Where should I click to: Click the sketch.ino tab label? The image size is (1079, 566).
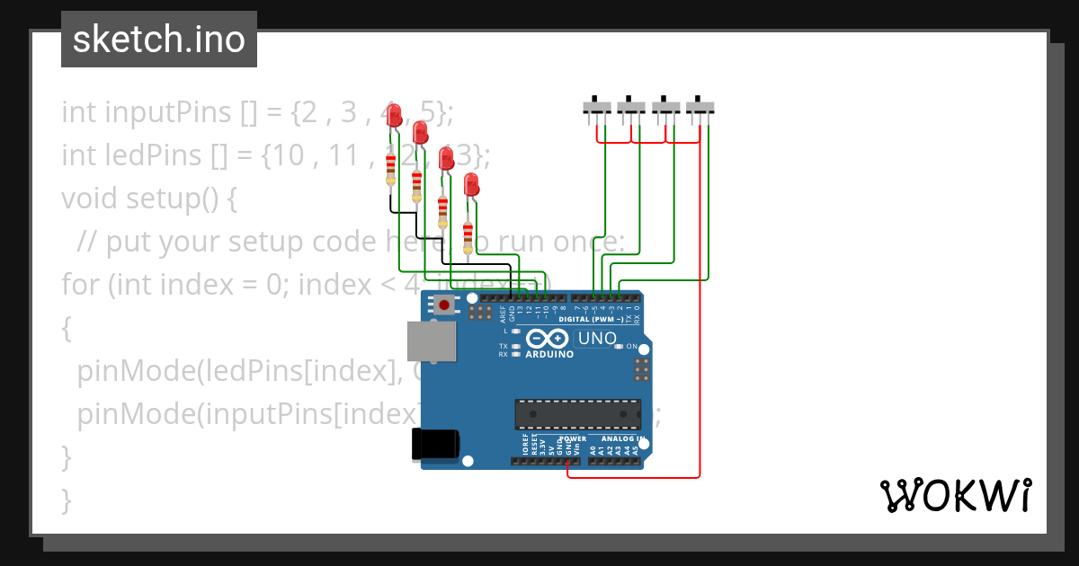tap(158, 40)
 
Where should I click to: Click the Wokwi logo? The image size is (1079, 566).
tap(955, 495)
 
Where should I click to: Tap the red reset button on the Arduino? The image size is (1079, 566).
tap(444, 305)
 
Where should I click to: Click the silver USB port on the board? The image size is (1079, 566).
tap(432, 342)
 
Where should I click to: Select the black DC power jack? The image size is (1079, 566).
tap(435, 445)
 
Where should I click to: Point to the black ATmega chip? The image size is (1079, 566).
tap(577, 414)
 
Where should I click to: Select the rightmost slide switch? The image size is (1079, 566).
tap(700, 107)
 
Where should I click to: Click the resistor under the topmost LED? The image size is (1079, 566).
tap(390, 168)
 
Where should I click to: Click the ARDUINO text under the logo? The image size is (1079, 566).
tap(548, 354)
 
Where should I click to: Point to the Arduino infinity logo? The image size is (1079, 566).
tap(548, 339)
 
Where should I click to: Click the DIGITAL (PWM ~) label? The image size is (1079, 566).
tap(592, 319)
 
